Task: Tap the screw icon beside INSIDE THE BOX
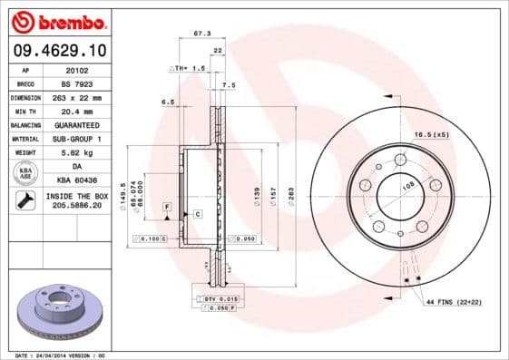click(24, 200)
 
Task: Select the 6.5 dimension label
click(168, 102)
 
